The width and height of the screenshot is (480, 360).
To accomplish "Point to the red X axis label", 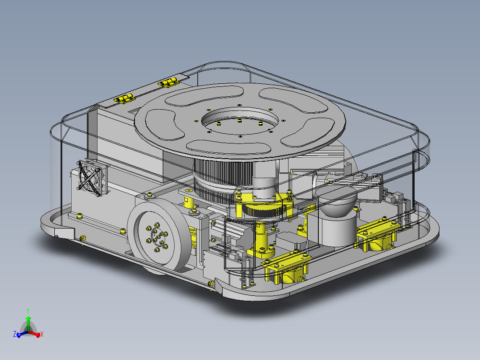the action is tap(42, 334).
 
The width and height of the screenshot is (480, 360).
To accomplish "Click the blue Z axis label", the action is tap(15, 334).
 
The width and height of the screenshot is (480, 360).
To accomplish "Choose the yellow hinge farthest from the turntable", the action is tap(125, 98).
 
